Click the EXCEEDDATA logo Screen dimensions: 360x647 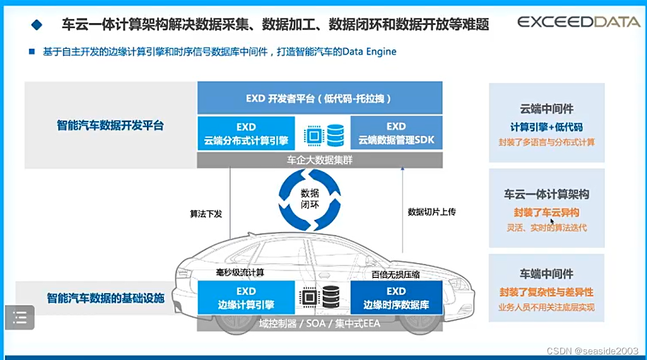[578, 22]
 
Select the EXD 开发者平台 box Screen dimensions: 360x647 [320, 98]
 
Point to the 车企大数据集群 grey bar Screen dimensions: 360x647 [320, 160]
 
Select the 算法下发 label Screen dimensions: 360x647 [206, 214]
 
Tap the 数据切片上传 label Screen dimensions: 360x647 [431, 212]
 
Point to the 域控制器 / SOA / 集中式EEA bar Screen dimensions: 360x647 [320, 324]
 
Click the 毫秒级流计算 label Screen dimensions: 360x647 [240, 272]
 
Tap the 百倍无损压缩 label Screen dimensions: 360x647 [396, 274]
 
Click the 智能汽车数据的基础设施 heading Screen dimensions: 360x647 [105, 298]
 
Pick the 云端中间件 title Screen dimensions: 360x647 [546, 109]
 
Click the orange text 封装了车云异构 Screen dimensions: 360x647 [546, 213]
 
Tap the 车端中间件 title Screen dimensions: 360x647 [546, 274]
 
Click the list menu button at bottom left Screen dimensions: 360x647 [20, 317]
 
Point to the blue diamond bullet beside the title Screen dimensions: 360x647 [37, 24]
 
